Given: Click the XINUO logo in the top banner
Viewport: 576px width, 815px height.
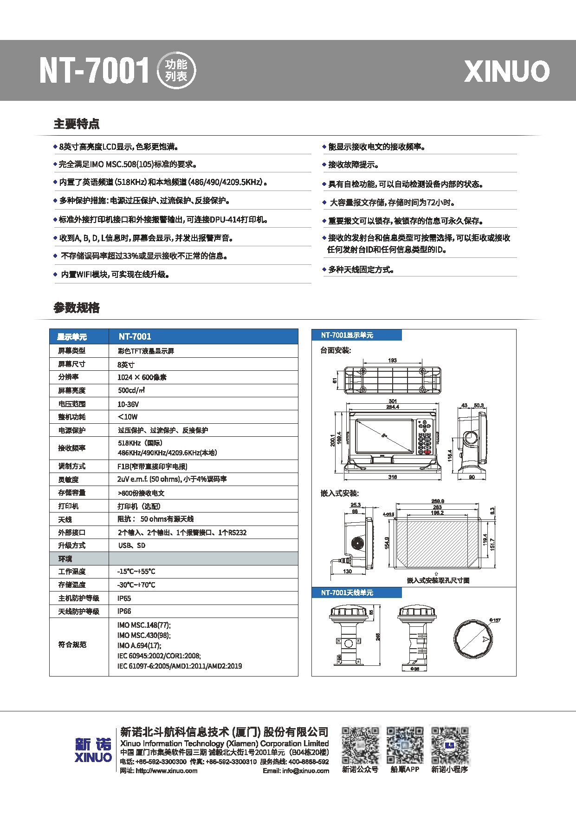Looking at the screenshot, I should point(506,71).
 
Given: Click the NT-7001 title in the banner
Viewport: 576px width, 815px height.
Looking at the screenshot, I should point(94,71).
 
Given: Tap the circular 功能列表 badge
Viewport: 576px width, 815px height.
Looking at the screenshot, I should point(176,71).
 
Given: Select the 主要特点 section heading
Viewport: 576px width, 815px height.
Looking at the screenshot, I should point(77,124).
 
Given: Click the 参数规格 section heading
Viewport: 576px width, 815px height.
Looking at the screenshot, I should point(77,308).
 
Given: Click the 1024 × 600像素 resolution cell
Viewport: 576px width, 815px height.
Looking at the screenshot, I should point(142,377).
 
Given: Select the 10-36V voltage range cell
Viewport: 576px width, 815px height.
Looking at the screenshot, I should point(128,404).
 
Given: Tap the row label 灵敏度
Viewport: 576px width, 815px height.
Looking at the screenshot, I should point(68,480).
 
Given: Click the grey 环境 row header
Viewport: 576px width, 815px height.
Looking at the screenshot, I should point(65,559).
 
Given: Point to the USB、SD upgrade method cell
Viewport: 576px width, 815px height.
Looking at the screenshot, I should point(132,546).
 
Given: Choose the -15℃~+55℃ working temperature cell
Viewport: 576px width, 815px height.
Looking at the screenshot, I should point(136,572).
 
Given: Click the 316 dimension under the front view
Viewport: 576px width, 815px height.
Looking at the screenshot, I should point(393,477).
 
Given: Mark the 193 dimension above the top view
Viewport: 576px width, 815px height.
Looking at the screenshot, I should point(393,361).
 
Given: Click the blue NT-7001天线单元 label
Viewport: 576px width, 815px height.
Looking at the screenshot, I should point(347,593).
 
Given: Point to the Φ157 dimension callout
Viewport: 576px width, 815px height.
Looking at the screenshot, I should point(495,620).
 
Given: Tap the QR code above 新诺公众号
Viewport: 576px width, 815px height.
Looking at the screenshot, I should point(360,745).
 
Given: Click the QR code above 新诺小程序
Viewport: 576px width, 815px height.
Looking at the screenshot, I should point(450,745).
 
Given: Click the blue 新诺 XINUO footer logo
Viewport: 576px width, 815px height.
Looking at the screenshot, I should point(93,750).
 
